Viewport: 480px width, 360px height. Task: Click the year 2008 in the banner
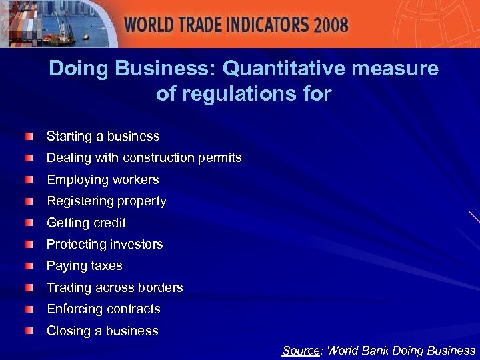click(x=331, y=25)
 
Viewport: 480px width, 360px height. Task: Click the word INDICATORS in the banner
click(x=261, y=25)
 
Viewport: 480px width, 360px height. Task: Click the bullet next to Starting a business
click(x=27, y=137)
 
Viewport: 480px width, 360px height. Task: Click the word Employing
click(x=73, y=180)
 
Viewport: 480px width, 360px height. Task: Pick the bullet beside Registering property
click(x=27, y=201)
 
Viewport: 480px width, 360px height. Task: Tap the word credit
click(x=106, y=223)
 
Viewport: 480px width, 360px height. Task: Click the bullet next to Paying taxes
click(x=27, y=266)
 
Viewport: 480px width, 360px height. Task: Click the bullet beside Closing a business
click(x=27, y=331)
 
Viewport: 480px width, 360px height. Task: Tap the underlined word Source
click(x=301, y=351)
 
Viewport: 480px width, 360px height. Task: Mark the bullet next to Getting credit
click(x=27, y=223)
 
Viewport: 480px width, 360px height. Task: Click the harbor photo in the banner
click(x=53, y=23)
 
